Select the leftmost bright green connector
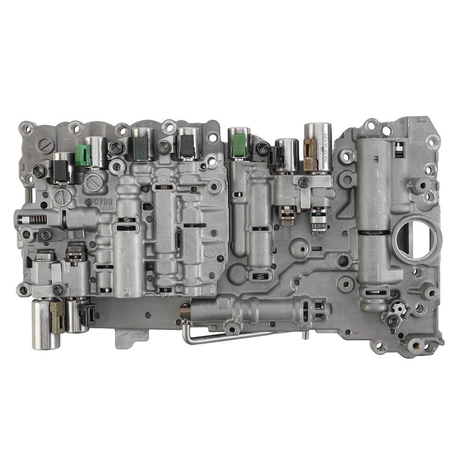point(82,154)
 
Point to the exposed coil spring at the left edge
point(40,219)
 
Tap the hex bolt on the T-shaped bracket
point(304,183)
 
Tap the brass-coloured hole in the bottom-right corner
point(415,344)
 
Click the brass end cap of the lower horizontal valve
point(185,312)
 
